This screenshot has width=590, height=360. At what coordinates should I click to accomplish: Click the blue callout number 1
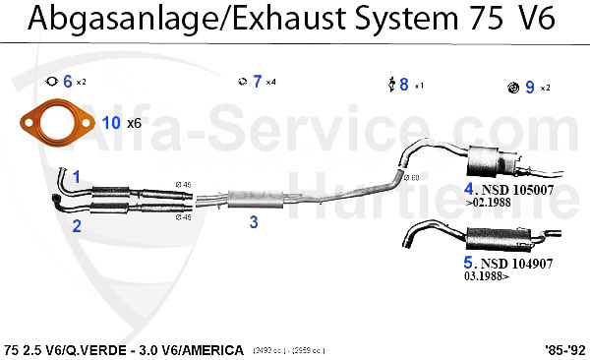[x=76, y=176]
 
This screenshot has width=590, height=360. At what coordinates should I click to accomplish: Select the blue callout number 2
[x=76, y=224]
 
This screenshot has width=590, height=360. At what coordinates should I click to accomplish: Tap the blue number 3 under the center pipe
[x=253, y=222]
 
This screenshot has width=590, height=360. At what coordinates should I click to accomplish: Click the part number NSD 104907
[x=514, y=264]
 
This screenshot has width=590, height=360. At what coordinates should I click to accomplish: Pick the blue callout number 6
[x=67, y=82]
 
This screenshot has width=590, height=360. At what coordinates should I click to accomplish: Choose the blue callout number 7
[x=257, y=82]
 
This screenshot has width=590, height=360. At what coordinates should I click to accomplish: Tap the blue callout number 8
[x=403, y=85]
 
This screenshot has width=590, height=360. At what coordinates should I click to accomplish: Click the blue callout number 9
[x=529, y=88]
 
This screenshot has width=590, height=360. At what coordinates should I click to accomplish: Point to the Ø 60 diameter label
[x=413, y=177]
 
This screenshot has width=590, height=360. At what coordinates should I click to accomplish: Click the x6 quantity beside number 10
[x=134, y=124]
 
